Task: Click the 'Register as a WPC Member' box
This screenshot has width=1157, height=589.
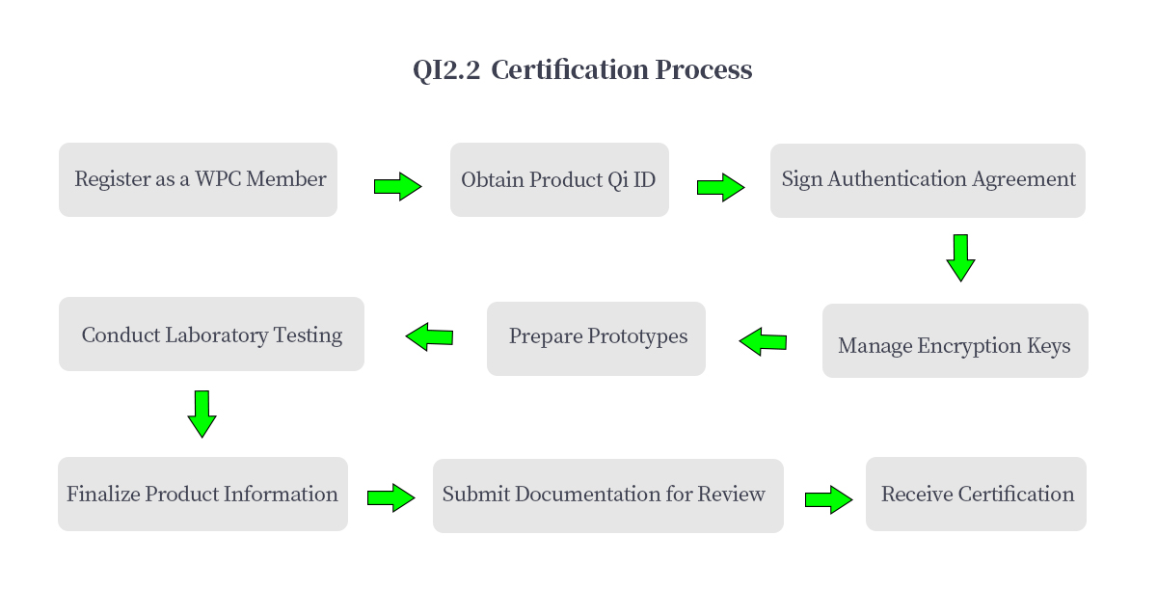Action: (198, 179)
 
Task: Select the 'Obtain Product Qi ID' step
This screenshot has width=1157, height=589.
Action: (559, 179)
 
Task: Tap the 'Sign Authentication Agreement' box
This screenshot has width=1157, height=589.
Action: (928, 180)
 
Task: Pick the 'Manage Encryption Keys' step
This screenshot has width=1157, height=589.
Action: (955, 340)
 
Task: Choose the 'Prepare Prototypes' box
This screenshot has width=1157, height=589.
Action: (596, 338)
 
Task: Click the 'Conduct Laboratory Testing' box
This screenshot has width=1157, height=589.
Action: (211, 334)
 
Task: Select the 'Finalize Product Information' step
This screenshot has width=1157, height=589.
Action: (202, 494)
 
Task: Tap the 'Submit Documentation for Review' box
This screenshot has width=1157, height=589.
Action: (608, 495)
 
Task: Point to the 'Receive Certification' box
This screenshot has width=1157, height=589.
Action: (976, 494)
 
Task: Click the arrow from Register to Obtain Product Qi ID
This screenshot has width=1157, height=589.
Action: (397, 186)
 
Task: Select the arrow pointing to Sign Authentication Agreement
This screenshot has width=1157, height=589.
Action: (720, 187)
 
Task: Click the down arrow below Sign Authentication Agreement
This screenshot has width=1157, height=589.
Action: (960, 258)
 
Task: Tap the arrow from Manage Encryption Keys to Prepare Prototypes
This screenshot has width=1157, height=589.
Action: (763, 341)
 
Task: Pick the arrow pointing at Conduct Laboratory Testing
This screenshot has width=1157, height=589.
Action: (429, 337)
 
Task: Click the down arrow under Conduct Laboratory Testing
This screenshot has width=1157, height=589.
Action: (202, 415)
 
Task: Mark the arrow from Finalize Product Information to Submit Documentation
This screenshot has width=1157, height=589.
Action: (391, 497)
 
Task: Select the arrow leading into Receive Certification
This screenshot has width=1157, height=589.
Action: (829, 499)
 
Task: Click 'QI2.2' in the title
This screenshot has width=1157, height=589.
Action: (446, 69)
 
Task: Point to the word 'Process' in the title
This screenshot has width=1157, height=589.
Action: (704, 69)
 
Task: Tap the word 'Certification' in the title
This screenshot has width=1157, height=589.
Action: (570, 69)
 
